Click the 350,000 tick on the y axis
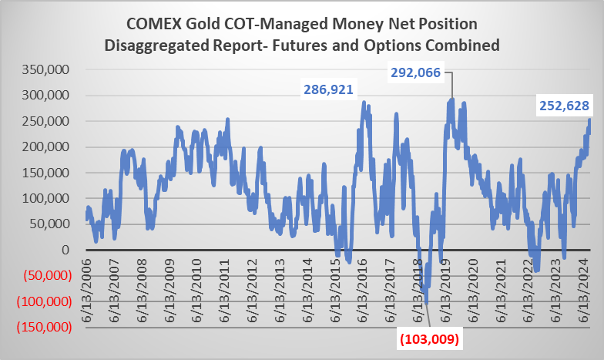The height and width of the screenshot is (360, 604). click(49, 69)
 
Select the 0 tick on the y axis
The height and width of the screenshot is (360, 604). click(67, 250)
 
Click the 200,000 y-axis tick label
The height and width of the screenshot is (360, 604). click(49, 146)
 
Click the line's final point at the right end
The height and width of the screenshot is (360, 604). click(590, 119)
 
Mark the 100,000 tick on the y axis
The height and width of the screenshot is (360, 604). click(49, 198)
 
